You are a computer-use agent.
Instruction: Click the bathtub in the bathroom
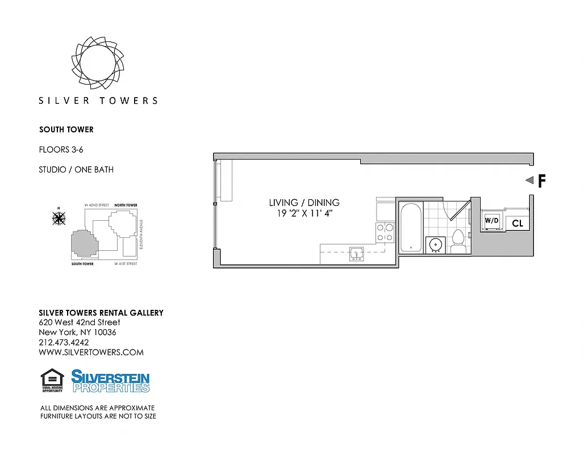tap(411, 228)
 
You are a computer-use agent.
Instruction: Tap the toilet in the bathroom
tap(458, 242)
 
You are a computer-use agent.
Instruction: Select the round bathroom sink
tap(436, 243)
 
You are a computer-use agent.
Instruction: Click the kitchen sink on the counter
tap(357, 253)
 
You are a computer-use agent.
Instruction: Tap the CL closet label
tap(517, 224)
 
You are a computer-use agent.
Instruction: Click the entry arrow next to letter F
tap(528, 180)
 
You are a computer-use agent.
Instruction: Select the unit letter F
tap(541, 181)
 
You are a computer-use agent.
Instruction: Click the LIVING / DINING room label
tap(304, 203)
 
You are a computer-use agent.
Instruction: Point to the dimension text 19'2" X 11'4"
tap(304, 213)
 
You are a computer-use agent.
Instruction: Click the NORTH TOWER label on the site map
tap(126, 205)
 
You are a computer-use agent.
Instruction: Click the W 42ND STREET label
tap(96, 205)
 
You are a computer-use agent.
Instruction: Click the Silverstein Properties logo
tap(110, 381)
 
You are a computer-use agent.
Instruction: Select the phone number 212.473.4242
tap(64, 343)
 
